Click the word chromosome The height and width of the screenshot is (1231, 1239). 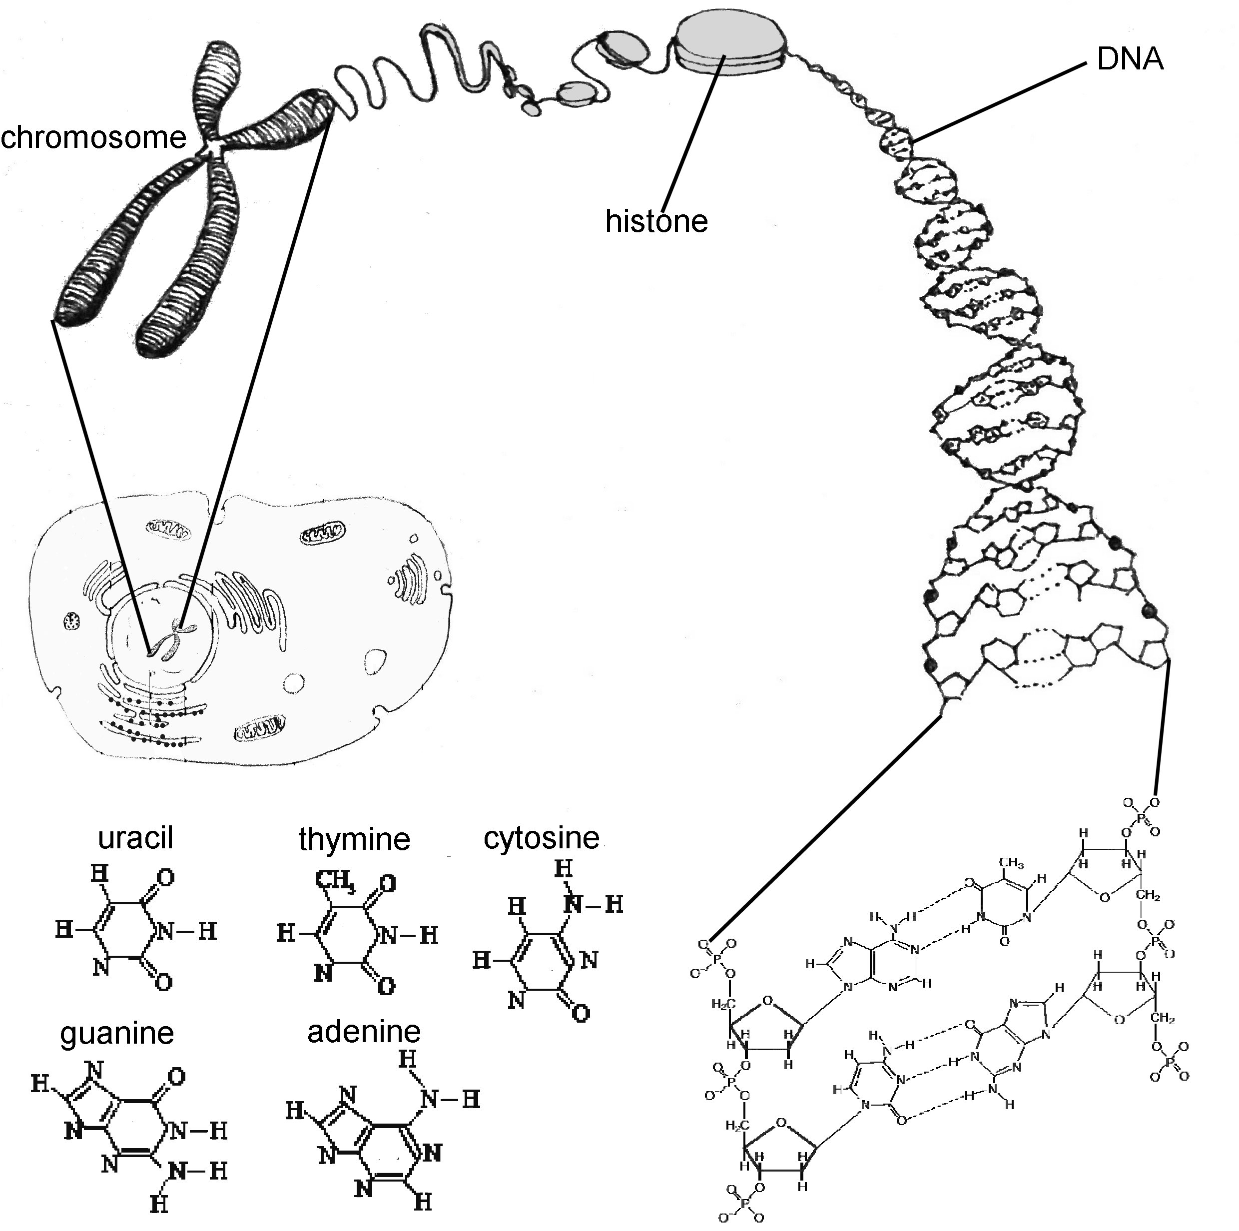coord(93,138)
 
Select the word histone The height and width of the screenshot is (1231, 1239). coord(656,221)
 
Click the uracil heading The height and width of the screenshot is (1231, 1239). coord(135,837)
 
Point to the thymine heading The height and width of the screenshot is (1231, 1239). coord(354,839)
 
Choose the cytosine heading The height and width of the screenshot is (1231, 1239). coord(541,837)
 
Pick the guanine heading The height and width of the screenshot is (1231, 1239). coord(117,1033)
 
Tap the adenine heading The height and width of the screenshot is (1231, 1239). coord(364,1031)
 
